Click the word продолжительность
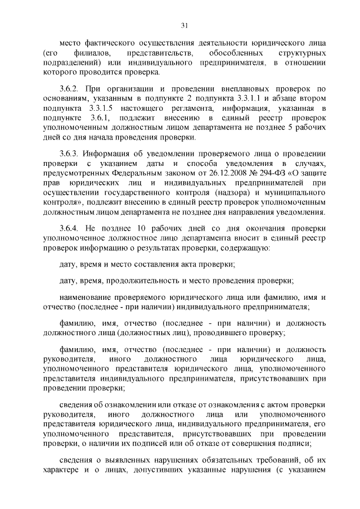click(x=168, y=280)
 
